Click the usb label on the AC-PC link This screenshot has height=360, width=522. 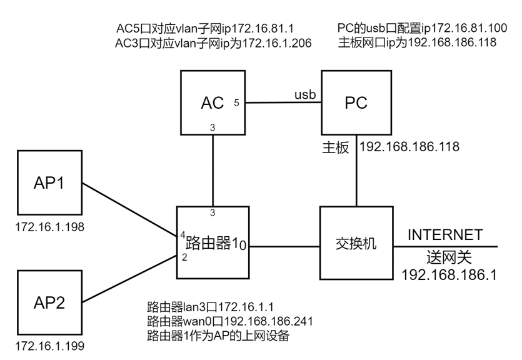(304, 94)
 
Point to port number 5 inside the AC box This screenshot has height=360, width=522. (237, 102)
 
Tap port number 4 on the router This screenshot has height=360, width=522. (183, 236)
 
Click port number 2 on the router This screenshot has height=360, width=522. (184, 257)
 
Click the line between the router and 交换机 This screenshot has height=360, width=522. (284, 246)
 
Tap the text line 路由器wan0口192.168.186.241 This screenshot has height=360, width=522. (229, 321)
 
